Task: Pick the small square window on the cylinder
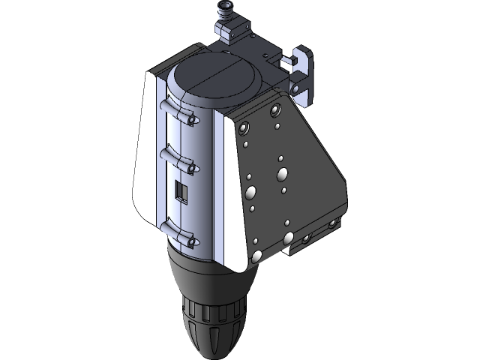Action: [x=180, y=191]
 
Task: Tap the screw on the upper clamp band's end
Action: [x=193, y=120]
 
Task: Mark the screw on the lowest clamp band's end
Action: [x=192, y=242]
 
